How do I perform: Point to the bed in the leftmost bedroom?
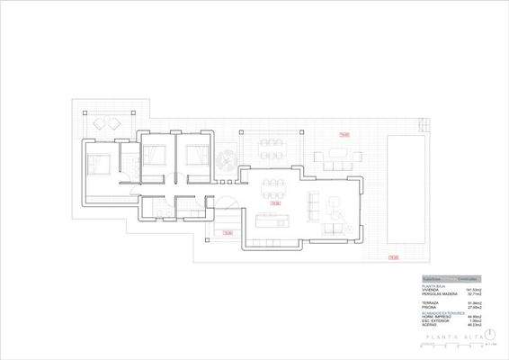pos(98,165)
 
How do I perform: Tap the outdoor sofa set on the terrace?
pos(335,161)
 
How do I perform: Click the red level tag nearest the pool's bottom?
pos(393,258)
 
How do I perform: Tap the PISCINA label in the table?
pos(431,307)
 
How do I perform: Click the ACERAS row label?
pos(431,325)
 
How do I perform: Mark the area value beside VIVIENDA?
pos(474,290)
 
